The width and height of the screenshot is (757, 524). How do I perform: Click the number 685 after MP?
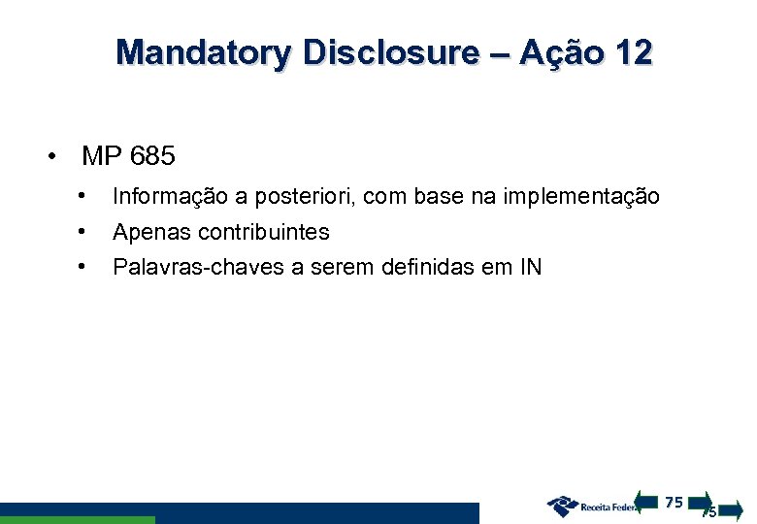point(152,155)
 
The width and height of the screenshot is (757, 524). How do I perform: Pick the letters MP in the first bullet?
point(101,155)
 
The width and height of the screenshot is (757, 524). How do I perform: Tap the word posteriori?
point(308,197)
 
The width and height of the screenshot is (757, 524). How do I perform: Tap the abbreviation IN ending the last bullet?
point(531,266)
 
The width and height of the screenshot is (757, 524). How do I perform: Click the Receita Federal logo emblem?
point(562,506)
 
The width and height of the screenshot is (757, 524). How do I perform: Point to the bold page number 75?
point(675,502)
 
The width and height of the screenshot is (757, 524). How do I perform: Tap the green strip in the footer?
point(77,520)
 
